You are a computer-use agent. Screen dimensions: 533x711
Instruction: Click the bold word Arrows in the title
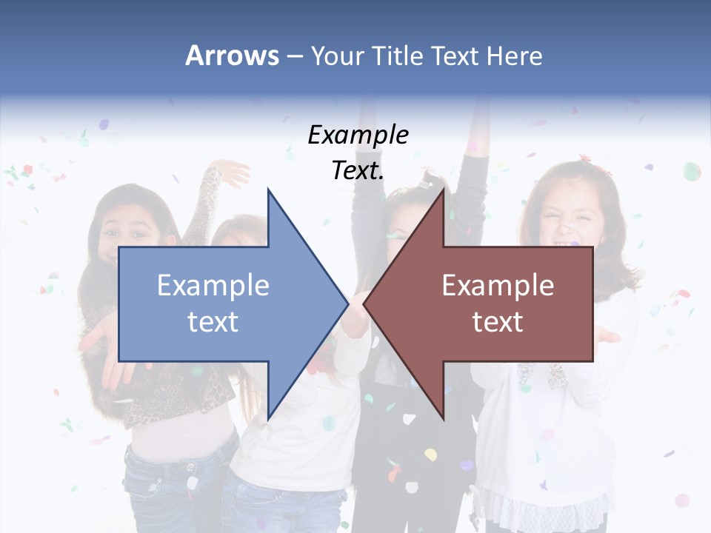pyautogui.click(x=232, y=56)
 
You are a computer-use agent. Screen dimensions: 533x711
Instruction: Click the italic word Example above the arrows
pyautogui.click(x=358, y=135)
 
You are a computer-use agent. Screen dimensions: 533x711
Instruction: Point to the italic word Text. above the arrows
pyautogui.click(x=358, y=171)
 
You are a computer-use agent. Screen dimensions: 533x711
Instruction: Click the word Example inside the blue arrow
pyautogui.click(x=213, y=285)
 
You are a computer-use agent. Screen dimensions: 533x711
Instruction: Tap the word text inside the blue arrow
pyautogui.click(x=213, y=322)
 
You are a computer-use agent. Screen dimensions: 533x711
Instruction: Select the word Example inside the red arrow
pyautogui.click(x=498, y=285)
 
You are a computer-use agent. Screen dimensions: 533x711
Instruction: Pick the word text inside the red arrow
pyautogui.click(x=498, y=322)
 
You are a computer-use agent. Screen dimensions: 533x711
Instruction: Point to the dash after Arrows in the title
pyautogui.click(x=293, y=56)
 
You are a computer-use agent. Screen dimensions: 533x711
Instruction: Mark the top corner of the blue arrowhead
pyautogui.click(x=268, y=190)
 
